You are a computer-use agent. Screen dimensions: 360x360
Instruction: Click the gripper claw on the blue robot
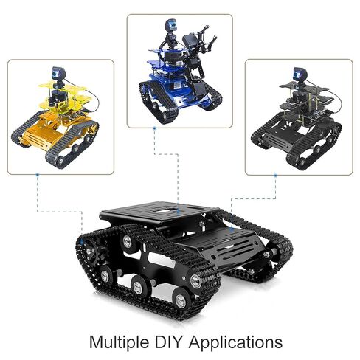(x=207, y=41)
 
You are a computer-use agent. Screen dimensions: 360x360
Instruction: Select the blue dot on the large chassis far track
(x=231, y=229)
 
